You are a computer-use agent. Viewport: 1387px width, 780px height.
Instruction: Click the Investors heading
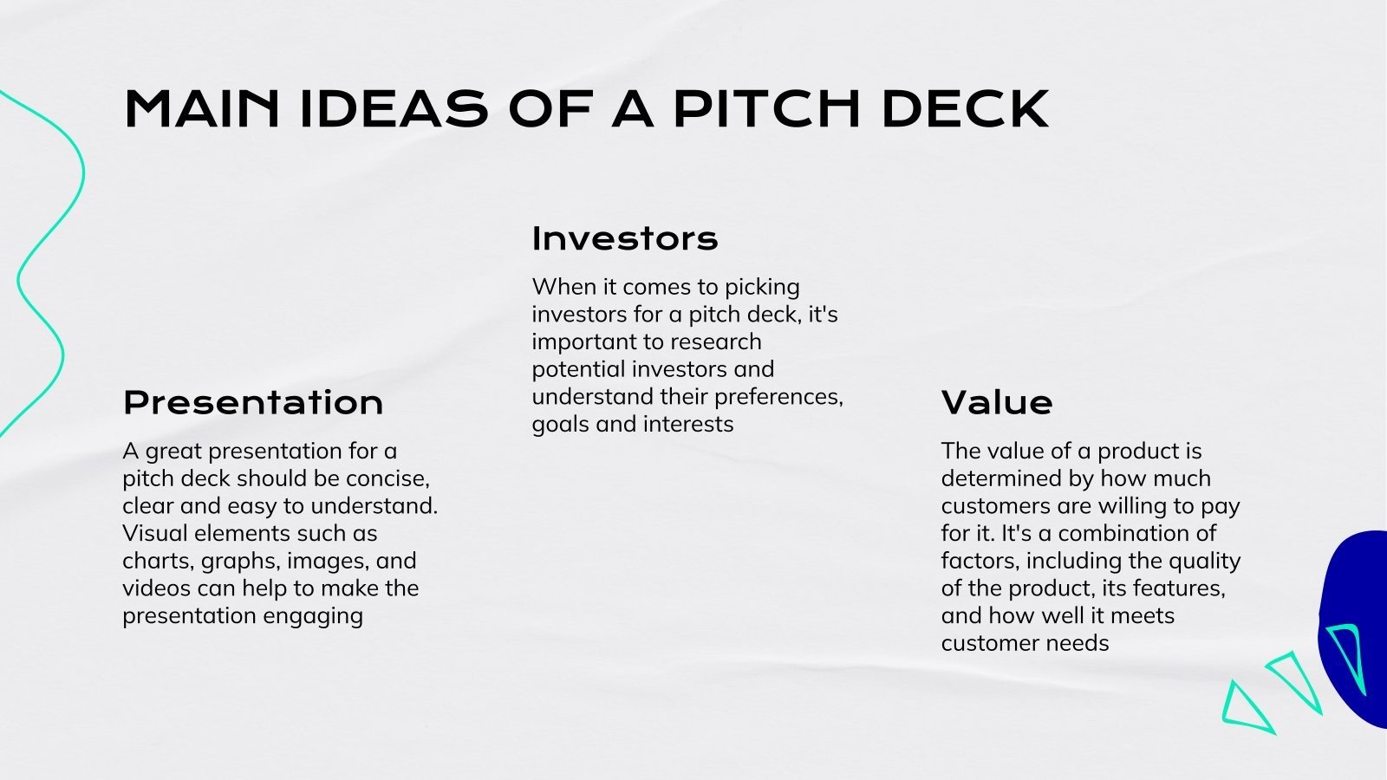pyautogui.click(x=625, y=238)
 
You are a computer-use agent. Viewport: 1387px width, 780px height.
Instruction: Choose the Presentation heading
pyautogui.click(x=253, y=403)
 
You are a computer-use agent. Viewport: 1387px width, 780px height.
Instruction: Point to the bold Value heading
pyautogui.click(x=997, y=403)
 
